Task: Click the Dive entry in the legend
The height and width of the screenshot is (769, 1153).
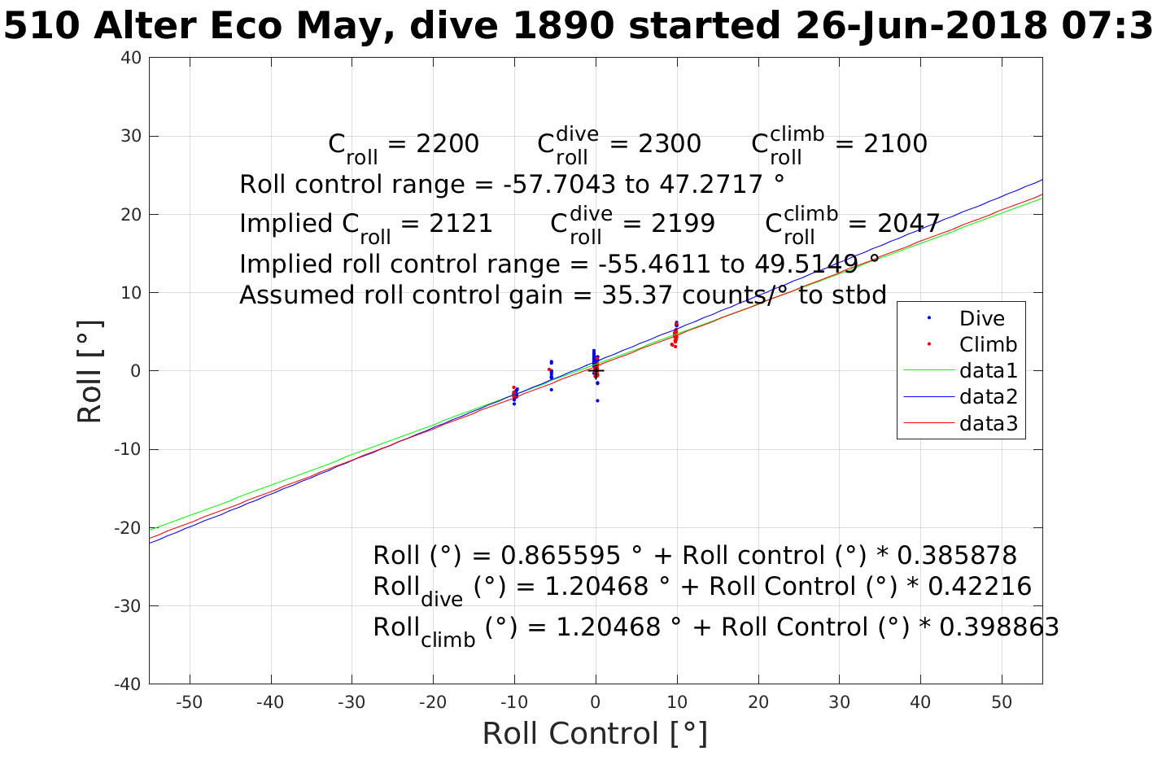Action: click(981, 319)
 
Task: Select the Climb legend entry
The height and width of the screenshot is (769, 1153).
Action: click(988, 345)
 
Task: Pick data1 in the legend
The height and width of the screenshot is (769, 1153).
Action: click(988, 371)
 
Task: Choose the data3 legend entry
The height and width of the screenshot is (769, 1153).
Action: click(988, 423)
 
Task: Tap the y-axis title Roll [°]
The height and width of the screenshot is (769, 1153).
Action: click(90, 372)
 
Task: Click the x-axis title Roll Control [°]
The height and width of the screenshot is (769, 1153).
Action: click(595, 733)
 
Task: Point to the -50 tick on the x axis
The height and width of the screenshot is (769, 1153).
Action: click(189, 702)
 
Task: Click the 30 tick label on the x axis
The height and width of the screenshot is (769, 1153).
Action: click(839, 702)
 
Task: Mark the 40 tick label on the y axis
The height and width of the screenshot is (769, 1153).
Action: click(132, 58)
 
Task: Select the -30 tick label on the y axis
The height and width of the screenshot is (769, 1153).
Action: click(129, 606)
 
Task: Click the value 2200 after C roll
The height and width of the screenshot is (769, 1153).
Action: click(447, 144)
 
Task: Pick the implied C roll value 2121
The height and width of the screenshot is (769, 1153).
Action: click(461, 224)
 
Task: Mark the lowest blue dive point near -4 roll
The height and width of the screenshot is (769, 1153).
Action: click(597, 400)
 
